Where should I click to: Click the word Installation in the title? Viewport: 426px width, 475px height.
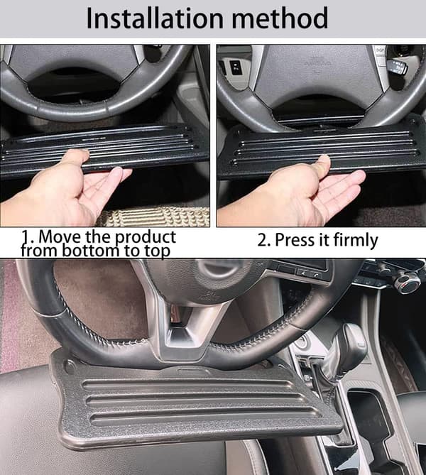click(155, 18)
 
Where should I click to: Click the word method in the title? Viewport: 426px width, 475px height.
click(279, 18)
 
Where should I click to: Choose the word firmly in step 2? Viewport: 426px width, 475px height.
click(356, 241)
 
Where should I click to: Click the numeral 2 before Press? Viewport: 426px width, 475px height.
click(262, 240)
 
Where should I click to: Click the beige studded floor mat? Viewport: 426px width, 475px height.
click(155, 217)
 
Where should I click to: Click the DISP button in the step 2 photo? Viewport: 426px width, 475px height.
click(380, 50)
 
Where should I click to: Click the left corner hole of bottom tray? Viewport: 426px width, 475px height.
click(70, 366)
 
